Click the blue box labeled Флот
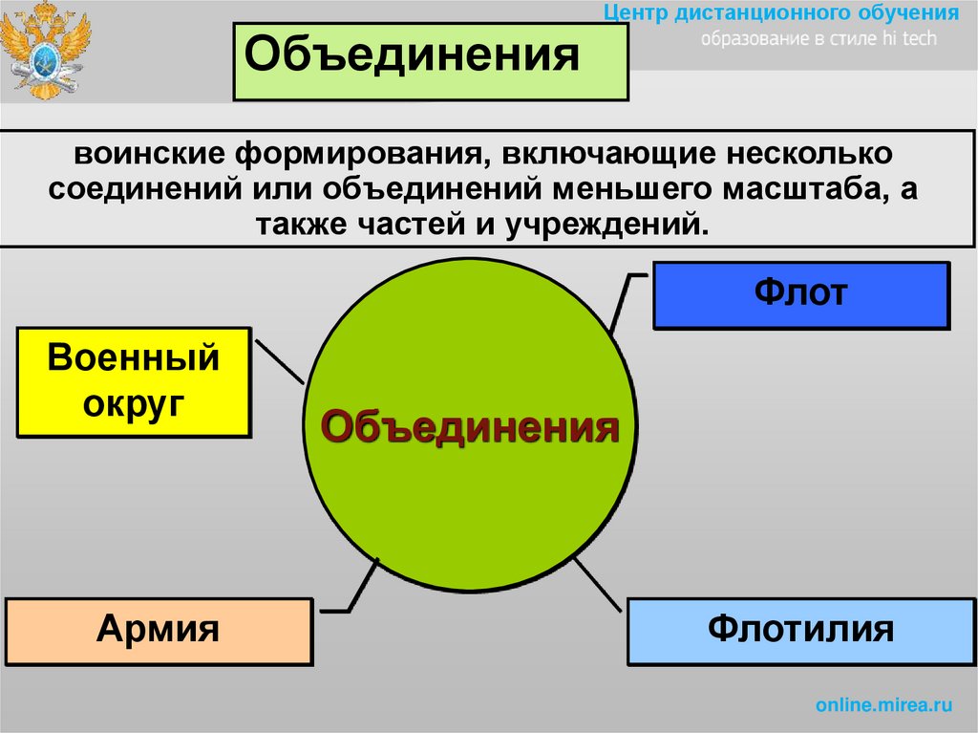click(x=800, y=295)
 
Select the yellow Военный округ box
click(x=134, y=381)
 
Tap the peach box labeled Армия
click(x=159, y=631)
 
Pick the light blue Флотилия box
click(x=800, y=631)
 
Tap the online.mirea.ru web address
click(x=884, y=705)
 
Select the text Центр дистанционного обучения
click(x=782, y=13)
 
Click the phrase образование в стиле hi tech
click(x=819, y=39)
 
